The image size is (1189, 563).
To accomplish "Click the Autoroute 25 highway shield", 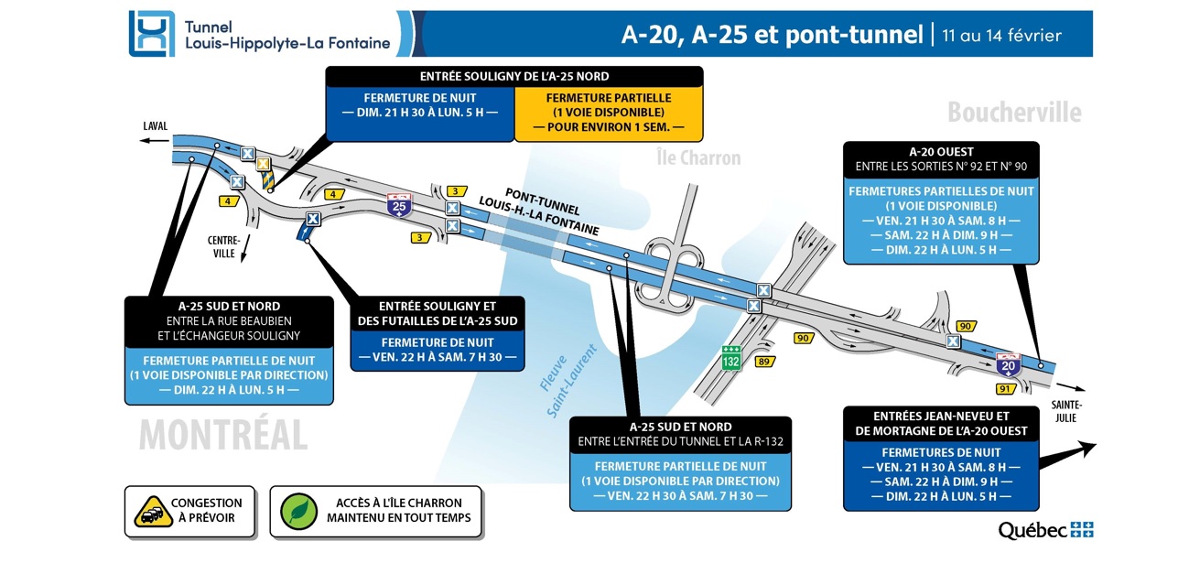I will pyautogui.click(x=398, y=204).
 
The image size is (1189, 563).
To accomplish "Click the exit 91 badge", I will pyautogui.click(x=1005, y=389).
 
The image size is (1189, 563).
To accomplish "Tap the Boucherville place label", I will pyautogui.click(x=1013, y=113).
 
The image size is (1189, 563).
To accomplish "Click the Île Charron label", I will pyautogui.click(x=698, y=158).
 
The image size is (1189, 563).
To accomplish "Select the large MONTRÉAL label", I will pyautogui.click(x=222, y=434).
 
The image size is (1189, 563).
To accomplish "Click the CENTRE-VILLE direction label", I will pyautogui.click(x=224, y=247).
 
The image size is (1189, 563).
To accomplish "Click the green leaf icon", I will pyautogui.click(x=298, y=511).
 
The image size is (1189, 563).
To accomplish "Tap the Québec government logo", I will pyautogui.click(x=1045, y=530).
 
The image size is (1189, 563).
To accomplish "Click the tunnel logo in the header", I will pyautogui.click(x=151, y=34).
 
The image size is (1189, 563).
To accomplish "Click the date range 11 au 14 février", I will pyautogui.click(x=1001, y=35).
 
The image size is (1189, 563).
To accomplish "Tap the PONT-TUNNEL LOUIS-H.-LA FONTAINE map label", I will pyautogui.click(x=530, y=206).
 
